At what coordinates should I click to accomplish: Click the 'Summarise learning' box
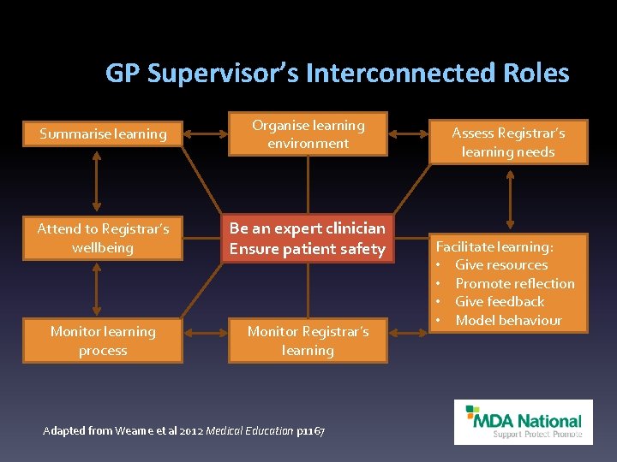coord(103,133)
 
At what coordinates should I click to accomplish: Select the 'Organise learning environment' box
coord(308,134)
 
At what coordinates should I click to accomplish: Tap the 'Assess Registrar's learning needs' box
coord(508,142)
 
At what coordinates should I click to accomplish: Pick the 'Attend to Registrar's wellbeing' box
coord(103,238)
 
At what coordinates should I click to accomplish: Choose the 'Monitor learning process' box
coord(103,341)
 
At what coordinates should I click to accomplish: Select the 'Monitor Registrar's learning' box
coord(308,341)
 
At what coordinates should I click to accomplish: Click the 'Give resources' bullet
coord(501,265)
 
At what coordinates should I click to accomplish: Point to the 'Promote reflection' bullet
coord(514,283)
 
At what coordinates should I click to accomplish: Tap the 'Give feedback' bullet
coord(500,301)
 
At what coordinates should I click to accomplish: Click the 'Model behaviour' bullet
coord(508,320)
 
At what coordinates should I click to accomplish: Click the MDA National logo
coord(523,422)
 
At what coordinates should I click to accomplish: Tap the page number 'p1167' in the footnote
coord(310,430)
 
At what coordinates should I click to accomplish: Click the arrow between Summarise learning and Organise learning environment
coord(205,133)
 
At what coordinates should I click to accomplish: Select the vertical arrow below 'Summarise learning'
coord(96,181)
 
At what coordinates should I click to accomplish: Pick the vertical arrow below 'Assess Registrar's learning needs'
coord(511,198)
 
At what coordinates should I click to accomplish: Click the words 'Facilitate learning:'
coord(494,246)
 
